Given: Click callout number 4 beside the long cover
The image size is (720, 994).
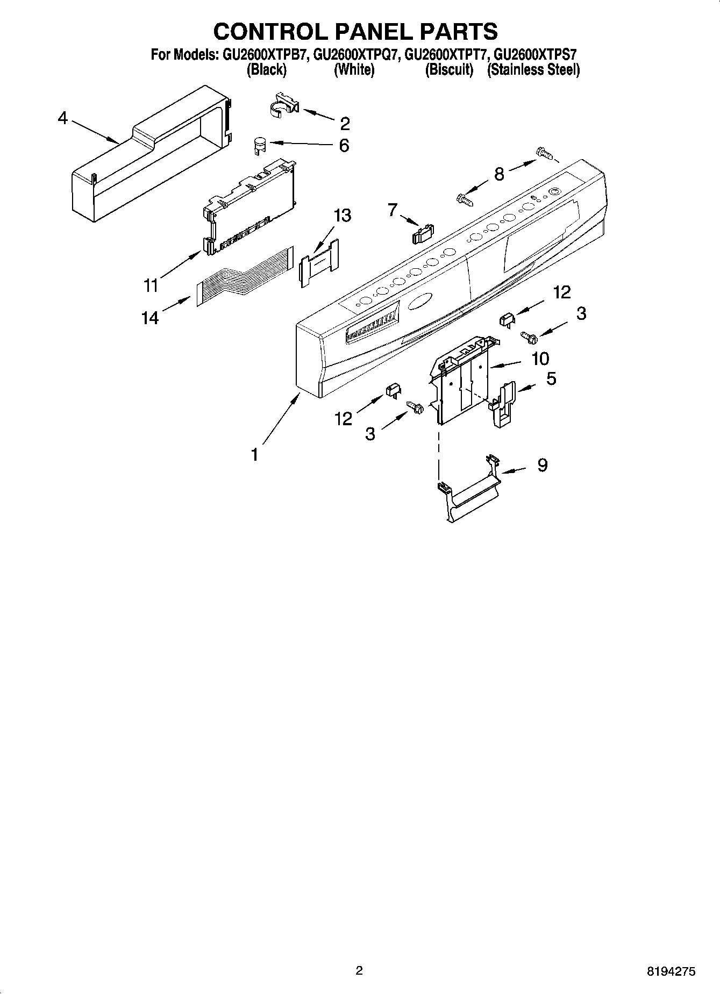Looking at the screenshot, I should (x=63, y=118).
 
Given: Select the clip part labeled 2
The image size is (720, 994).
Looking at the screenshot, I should (x=283, y=104).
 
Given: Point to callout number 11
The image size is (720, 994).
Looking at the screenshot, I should (x=151, y=285).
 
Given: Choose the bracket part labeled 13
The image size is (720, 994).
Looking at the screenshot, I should (x=319, y=263).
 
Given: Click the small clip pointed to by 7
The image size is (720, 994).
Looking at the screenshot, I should (x=422, y=232).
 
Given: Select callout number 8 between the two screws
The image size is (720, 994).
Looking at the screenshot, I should (x=498, y=174).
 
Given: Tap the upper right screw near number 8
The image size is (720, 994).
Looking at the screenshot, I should (x=544, y=154).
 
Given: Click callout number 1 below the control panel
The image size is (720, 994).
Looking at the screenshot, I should (x=254, y=454).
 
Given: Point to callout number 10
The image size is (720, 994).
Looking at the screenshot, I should (x=540, y=358).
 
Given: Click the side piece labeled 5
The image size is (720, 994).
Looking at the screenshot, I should (x=504, y=404).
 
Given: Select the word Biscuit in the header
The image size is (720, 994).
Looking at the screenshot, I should (x=449, y=70).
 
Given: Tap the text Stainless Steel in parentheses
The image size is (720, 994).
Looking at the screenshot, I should (x=533, y=70).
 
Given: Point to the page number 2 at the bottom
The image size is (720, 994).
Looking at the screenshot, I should (x=359, y=970).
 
